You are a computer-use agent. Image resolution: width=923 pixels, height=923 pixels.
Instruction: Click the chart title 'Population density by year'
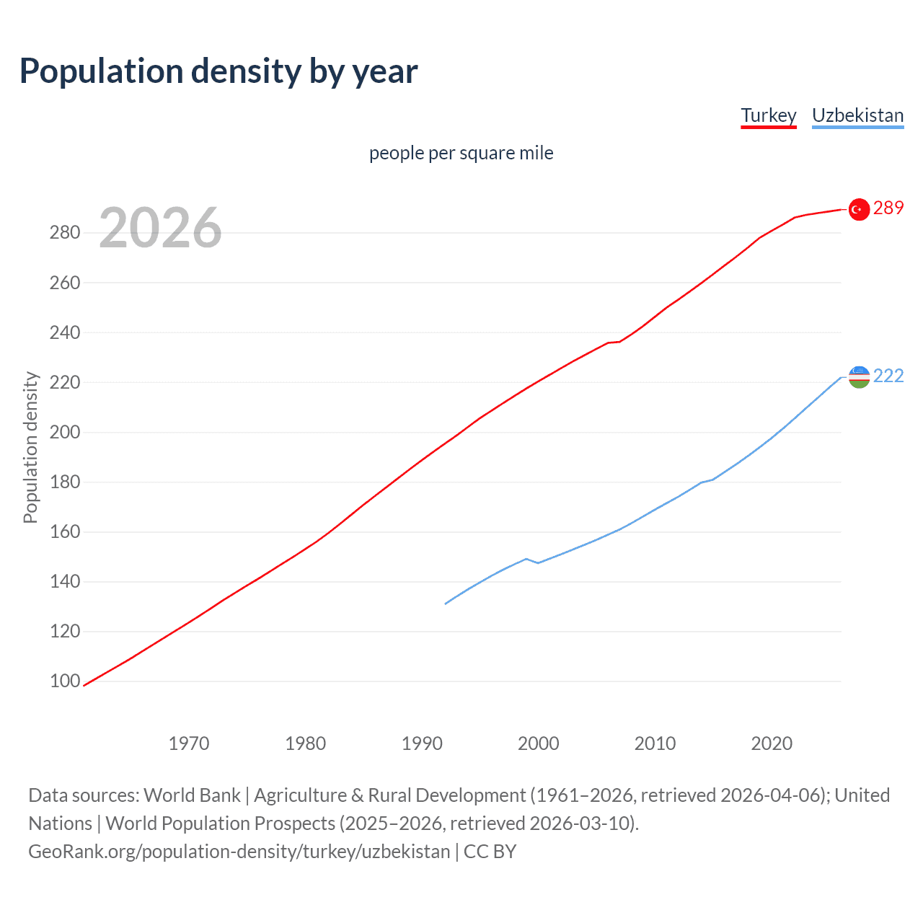tap(218, 71)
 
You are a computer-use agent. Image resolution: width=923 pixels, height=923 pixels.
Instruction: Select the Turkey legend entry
tap(768, 115)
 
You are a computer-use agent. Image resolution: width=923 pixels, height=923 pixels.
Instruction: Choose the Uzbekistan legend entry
tap(857, 115)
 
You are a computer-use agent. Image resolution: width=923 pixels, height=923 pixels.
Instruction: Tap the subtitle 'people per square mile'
tap(461, 153)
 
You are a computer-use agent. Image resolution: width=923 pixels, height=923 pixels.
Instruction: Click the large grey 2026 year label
tap(160, 228)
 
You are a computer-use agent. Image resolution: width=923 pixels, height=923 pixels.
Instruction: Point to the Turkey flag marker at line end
tap(858, 209)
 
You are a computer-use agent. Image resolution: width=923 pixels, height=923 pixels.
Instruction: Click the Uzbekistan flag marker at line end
tap(859, 376)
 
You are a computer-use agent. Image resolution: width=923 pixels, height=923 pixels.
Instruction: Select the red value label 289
tap(888, 208)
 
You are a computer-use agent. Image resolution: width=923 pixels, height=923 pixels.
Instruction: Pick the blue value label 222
tap(888, 376)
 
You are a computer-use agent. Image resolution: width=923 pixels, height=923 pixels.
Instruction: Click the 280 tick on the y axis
tap(65, 233)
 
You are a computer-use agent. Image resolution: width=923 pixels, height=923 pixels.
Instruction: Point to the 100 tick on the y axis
tap(65, 681)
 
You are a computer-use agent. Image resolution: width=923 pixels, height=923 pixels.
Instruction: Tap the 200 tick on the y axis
tap(65, 432)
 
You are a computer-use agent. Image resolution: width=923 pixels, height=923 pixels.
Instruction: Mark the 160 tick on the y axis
tap(65, 531)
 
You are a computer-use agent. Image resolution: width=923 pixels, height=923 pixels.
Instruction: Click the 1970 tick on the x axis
tap(189, 743)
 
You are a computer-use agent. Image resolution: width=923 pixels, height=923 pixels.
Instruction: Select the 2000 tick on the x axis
tap(539, 743)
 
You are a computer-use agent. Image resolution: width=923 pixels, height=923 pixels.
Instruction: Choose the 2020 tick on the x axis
tap(772, 743)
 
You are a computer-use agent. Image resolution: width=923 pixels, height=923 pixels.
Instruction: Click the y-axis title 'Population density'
tap(30, 447)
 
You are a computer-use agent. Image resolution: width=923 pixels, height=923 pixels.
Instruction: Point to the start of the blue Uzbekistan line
tap(446, 604)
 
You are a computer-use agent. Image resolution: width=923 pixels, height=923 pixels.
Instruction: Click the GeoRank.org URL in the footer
tap(239, 852)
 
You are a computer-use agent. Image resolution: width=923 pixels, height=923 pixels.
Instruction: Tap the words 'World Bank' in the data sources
tap(192, 795)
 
